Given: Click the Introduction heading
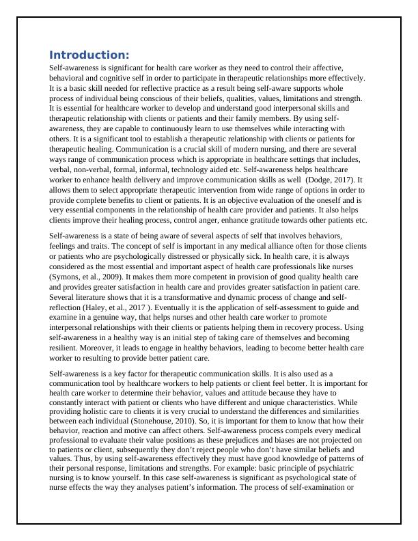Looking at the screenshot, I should (89, 55).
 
